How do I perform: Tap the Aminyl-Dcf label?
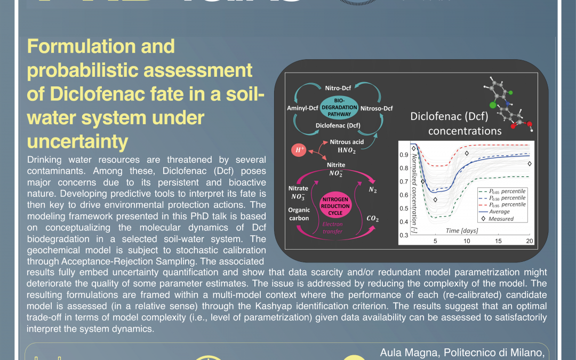point(302,108)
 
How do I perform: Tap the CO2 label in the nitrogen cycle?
point(373,218)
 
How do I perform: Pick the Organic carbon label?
point(299,214)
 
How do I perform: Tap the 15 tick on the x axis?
point(498,241)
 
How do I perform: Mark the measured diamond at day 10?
point(467,154)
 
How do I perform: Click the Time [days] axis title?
point(462,230)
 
